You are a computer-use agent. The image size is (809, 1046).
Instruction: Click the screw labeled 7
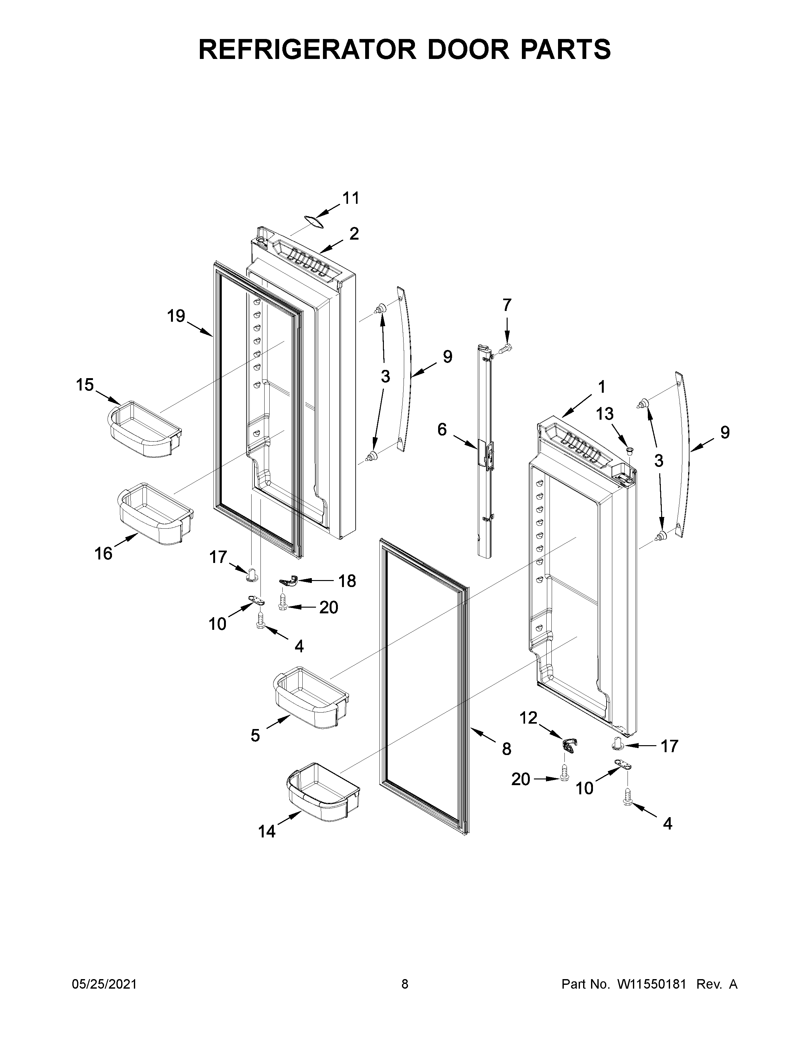tap(505, 349)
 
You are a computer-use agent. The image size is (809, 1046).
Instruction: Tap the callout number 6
tap(442, 429)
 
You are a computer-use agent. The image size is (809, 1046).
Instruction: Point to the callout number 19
tap(176, 316)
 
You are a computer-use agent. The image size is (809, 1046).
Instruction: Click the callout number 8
tap(507, 749)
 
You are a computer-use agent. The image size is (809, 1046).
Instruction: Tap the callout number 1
tap(601, 386)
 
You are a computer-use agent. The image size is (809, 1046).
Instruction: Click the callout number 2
tap(354, 234)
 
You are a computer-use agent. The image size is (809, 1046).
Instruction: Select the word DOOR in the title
tap(463, 49)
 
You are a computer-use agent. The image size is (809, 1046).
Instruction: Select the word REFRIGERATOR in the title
tap(307, 49)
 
